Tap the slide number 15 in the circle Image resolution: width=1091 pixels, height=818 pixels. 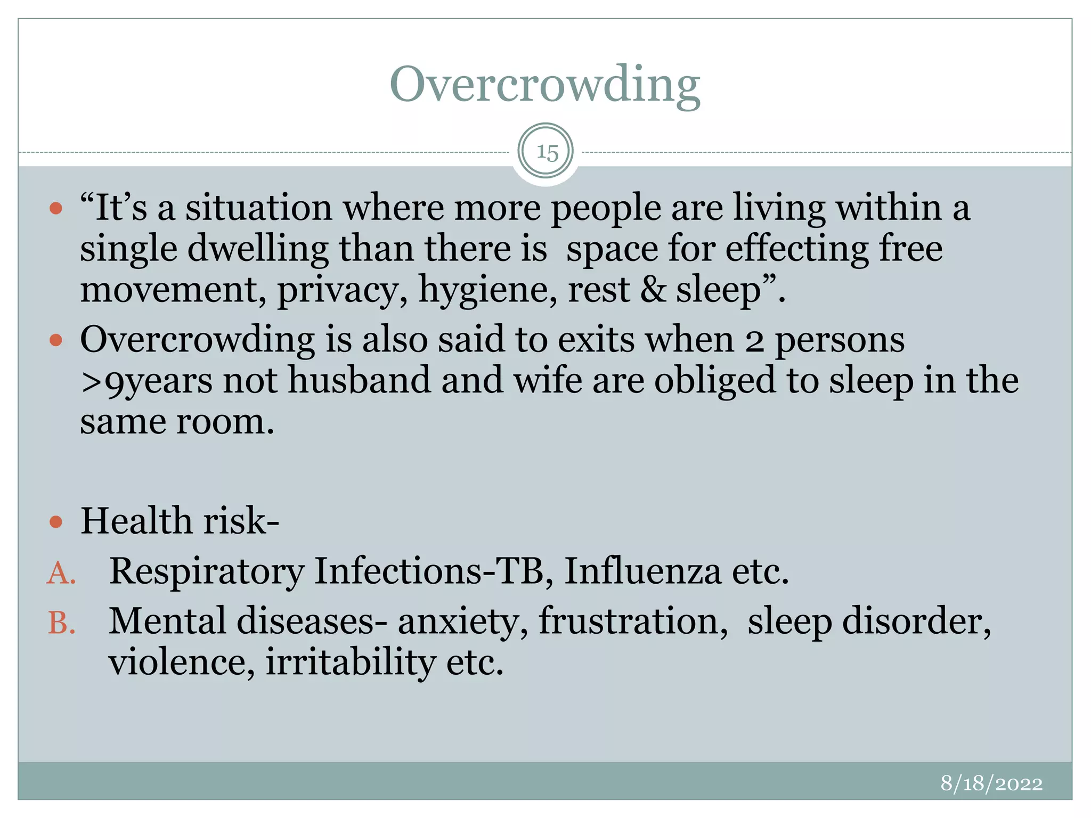tap(547, 152)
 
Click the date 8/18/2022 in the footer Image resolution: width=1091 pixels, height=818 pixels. tap(991, 783)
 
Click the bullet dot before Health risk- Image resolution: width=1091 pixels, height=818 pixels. tap(56, 522)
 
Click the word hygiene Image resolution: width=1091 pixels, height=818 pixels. tap(487, 291)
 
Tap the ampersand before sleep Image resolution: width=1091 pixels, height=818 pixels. tap(653, 290)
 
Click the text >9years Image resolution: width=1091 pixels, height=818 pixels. tap(146, 381)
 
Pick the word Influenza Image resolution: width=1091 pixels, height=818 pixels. tap(642, 571)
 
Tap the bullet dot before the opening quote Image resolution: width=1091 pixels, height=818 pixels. tap(56, 208)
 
